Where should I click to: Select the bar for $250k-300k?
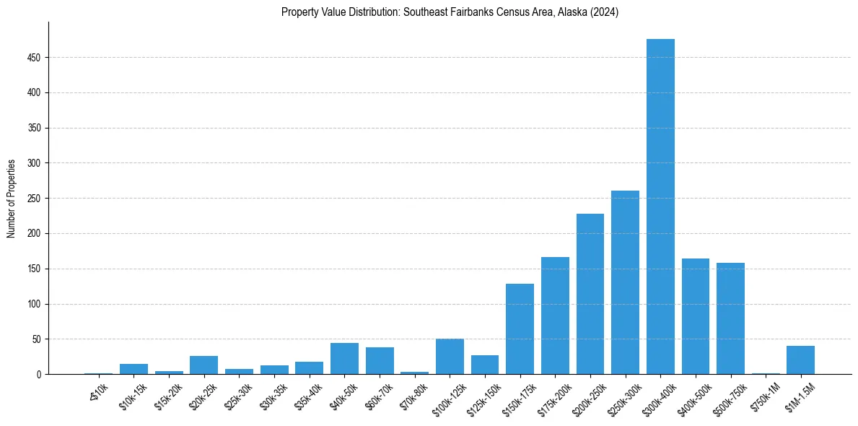[x=625, y=282]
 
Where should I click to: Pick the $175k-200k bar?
[x=555, y=316]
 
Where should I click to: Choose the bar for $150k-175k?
[x=520, y=329]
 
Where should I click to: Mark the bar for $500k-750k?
[x=730, y=318]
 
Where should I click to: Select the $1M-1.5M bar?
[x=800, y=360]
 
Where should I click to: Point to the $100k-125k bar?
[x=450, y=357]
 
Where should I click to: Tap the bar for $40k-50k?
[x=344, y=359]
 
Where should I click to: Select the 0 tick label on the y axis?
[x=40, y=375]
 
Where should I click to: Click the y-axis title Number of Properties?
[x=11, y=199]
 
